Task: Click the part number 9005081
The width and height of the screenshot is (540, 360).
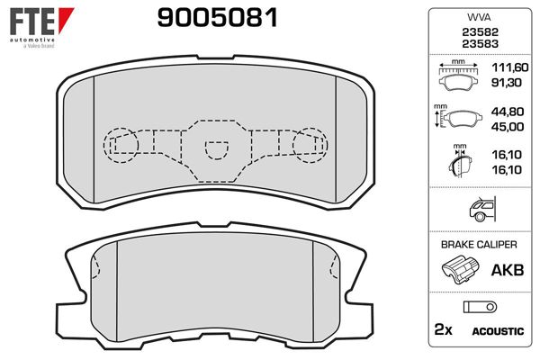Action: coord(217,17)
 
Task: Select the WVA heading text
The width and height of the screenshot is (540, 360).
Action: coord(478,18)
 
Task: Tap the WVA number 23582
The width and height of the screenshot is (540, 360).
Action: coord(478,31)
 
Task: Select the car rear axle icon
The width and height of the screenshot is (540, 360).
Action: coord(478,211)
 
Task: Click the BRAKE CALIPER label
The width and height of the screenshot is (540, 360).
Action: coord(478,244)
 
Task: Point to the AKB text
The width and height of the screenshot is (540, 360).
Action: coord(504,269)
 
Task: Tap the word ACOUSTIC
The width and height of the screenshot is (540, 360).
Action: coord(498,331)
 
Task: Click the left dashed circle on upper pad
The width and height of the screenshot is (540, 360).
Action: coord(121,141)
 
